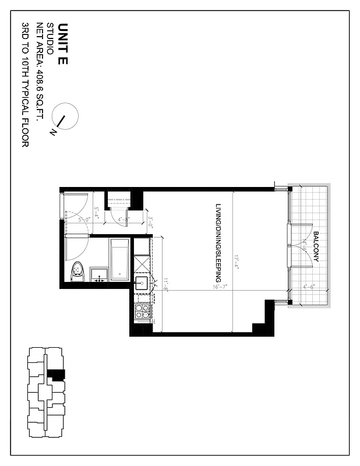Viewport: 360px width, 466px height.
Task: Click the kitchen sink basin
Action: (142, 284)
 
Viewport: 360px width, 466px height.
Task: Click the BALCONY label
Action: (315, 248)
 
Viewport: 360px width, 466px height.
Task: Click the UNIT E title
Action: (63, 44)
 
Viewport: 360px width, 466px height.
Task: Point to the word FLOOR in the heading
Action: (26, 135)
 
